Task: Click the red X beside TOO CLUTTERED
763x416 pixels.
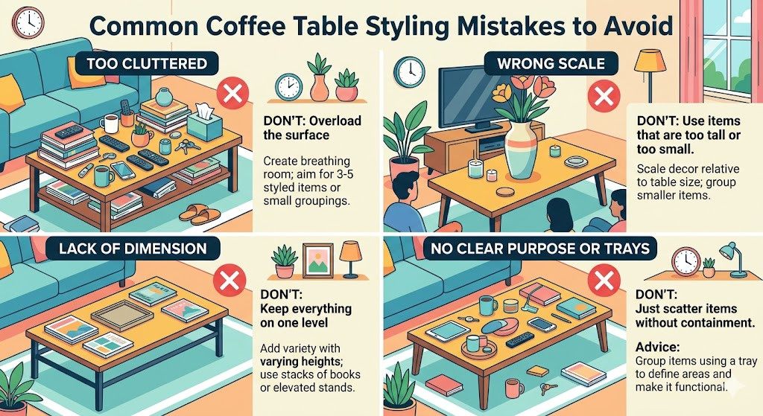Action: [232, 95]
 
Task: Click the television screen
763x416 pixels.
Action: [472, 92]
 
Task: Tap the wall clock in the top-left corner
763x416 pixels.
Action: [28, 22]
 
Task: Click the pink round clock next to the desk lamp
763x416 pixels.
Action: [685, 261]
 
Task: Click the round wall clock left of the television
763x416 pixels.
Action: [408, 72]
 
